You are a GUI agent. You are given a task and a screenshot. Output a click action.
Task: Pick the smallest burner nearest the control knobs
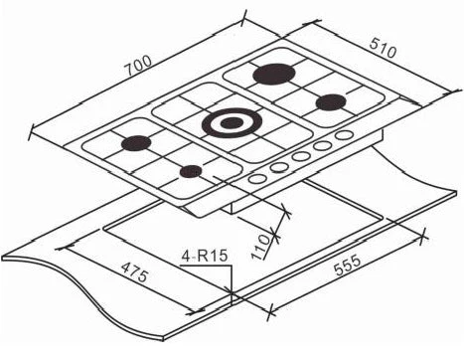[190, 171]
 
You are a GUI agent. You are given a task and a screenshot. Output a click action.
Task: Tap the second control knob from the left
[280, 168]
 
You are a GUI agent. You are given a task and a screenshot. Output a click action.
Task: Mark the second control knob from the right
[323, 146]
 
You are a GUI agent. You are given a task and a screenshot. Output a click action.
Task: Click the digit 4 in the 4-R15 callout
[186, 257]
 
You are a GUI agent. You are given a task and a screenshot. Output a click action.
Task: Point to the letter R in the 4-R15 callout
[204, 257]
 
